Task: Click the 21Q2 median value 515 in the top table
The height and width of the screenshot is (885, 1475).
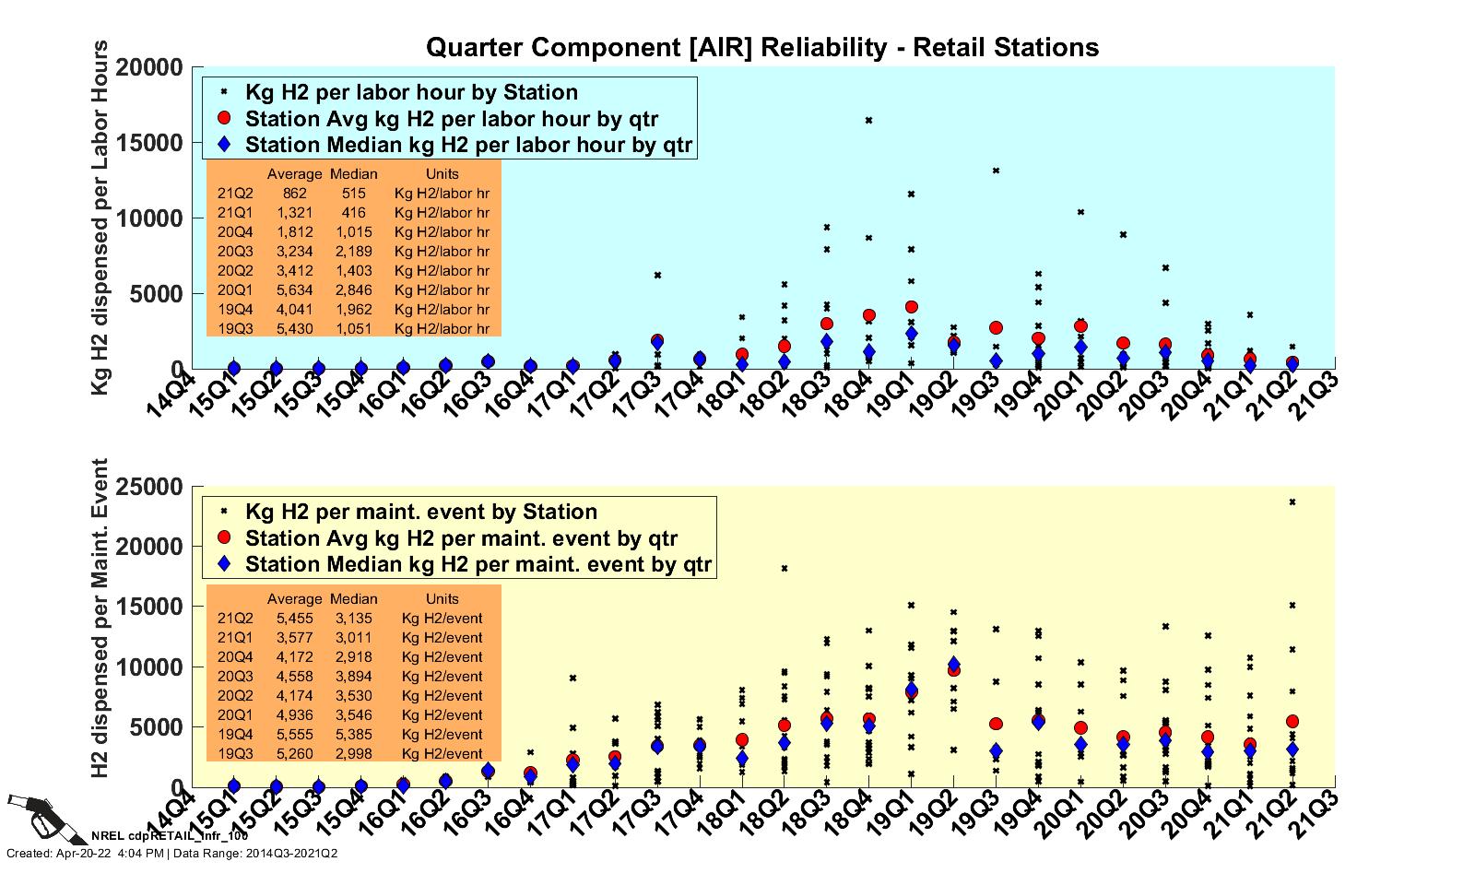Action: [353, 194]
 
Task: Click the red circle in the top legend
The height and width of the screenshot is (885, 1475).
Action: [224, 119]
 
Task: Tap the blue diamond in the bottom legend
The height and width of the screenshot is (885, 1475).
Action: [224, 564]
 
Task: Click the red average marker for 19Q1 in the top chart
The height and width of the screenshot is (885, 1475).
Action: [911, 307]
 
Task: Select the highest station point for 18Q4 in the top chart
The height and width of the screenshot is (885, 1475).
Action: [868, 120]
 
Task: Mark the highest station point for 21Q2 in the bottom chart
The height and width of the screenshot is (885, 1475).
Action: [1292, 502]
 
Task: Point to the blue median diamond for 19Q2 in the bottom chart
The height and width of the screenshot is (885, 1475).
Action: [953, 664]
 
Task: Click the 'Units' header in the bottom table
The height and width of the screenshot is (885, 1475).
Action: [442, 599]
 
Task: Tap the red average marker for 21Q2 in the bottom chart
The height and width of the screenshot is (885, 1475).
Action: [1292, 722]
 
